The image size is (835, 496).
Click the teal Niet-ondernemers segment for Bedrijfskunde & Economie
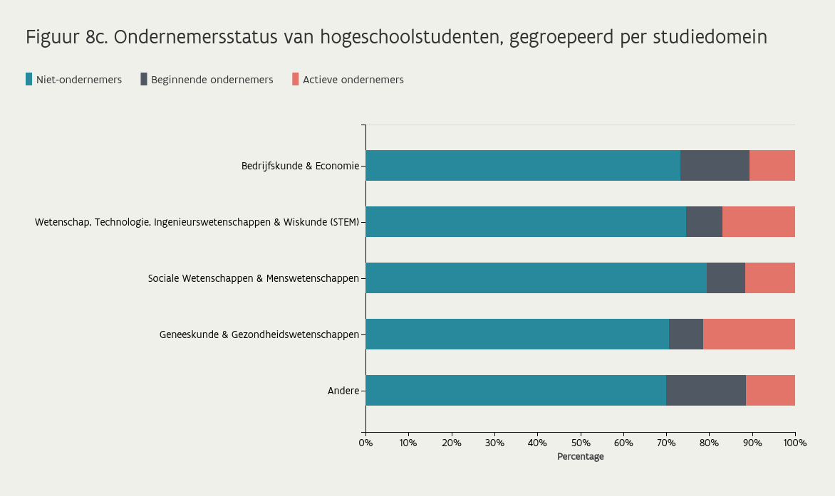point(523,165)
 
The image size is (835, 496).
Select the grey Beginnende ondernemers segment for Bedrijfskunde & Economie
point(715,165)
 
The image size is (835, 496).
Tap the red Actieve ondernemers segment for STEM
point(758,221)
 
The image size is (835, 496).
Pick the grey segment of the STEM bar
point(704,221)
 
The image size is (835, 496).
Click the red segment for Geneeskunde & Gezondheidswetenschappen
point(749,334)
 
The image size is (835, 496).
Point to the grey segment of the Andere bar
point(705,390)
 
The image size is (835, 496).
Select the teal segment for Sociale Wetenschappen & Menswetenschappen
point(536,278)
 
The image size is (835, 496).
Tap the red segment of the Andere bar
point(770,390)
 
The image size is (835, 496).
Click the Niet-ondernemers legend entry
point(78,80)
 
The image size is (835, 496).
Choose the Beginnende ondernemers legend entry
point(212,80)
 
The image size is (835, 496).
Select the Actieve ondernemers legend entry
point(353,80)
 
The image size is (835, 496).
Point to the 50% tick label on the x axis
point(580,443)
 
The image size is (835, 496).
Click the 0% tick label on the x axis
point(365,443)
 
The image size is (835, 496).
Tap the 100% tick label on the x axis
point(794,443)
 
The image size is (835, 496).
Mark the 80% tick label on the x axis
point(709,443)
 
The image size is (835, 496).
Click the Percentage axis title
point(580,457)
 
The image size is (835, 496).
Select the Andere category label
point(343,391)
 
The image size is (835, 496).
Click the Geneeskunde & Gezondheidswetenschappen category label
point(259,334)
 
